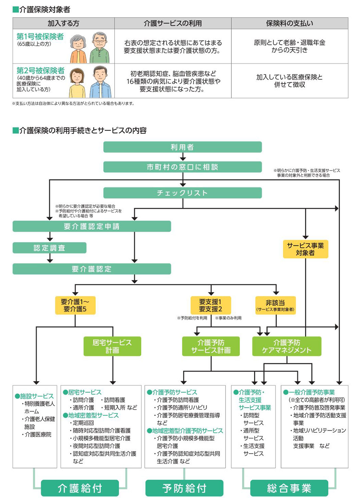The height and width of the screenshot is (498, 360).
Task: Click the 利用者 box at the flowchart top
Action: click(x=182, y=147)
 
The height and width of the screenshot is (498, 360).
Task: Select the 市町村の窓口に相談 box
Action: click(x=182, y=167)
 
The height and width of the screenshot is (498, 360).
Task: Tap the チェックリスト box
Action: click(x=182, y=193)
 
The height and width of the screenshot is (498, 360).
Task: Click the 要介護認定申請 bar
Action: click(x=92, y=227)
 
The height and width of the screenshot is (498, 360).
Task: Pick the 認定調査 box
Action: click(x=49, y=248)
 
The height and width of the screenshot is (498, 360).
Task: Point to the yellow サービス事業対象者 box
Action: click(x=305, y=249)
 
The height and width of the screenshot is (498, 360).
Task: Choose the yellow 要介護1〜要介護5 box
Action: click(x=75, y=305)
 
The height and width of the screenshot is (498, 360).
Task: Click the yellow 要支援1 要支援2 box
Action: click(x=210, y=305)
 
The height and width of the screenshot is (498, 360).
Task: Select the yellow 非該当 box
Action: click(x=275, y=305)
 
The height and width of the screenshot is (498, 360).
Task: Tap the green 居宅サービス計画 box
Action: click(x=112, y=346)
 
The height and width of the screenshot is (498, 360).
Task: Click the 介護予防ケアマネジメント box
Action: click(x=287, y=346)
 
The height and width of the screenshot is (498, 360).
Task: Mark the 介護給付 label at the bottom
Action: click(x=80, y=488)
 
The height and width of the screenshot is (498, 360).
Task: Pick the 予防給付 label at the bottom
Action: click(x=184, y=488)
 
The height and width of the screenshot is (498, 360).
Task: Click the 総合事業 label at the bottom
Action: click(x=289, y=488)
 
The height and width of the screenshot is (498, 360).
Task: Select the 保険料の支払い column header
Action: click(x=289, y=23)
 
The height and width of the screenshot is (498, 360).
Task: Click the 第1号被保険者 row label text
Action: click(x=40, y=37)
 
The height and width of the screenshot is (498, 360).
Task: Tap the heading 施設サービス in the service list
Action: click(x=37, y=396)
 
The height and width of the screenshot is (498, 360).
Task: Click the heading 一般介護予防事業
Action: click(x=311, y=392)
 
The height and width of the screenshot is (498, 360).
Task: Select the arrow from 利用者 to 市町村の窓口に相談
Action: click(x=183, y=157)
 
